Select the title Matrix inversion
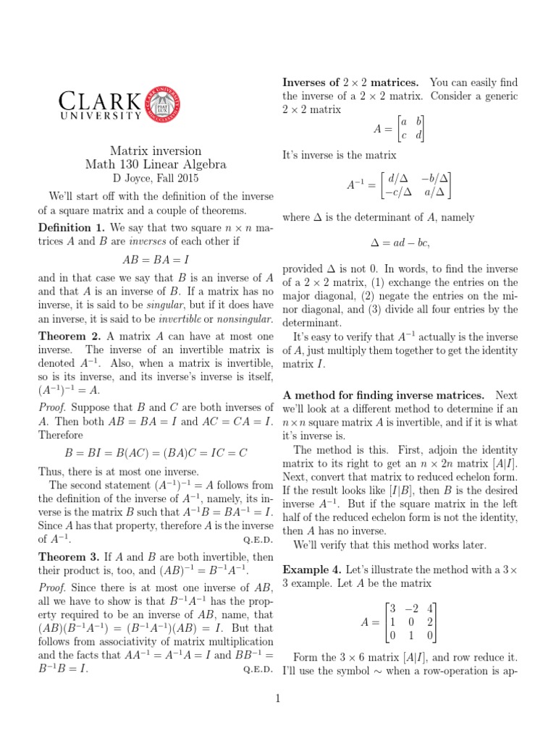[x=156, y=151]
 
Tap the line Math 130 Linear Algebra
[x=156, y=164]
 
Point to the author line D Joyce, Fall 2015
[x=156, y=178]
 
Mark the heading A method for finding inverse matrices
[x=384, y=394]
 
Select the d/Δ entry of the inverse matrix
[x=398, y=177]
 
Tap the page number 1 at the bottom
[x=277, y=698]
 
